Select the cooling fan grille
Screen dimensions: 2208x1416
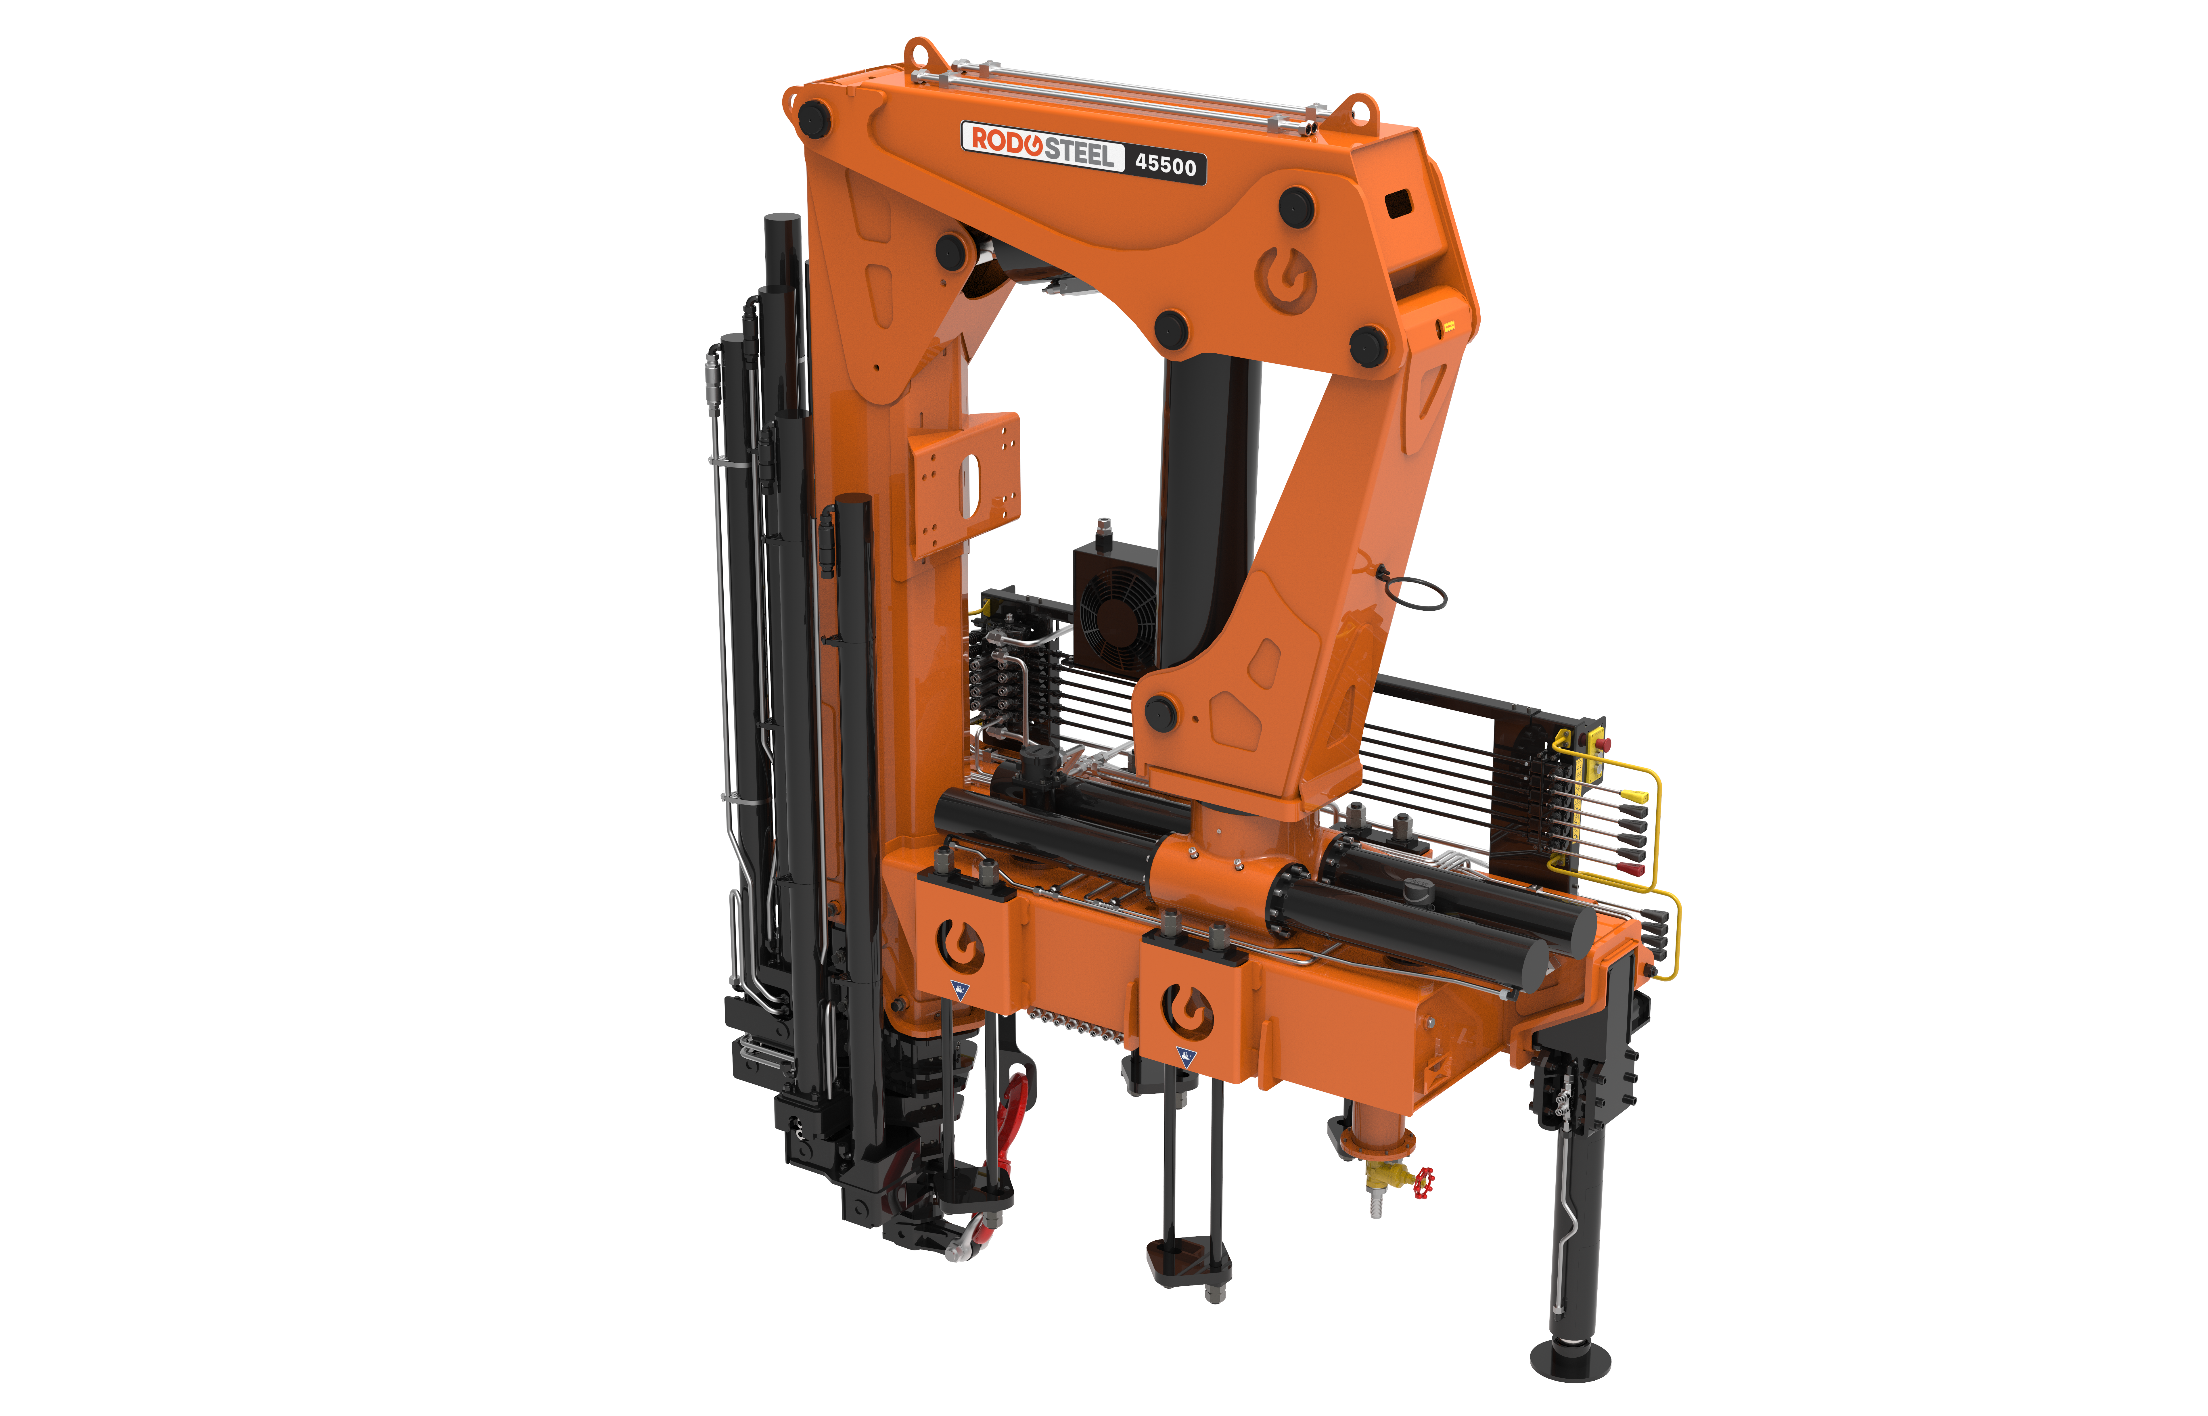click(x=1117, y=616)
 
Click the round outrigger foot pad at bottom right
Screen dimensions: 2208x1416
click(x=1570, y=1359)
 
